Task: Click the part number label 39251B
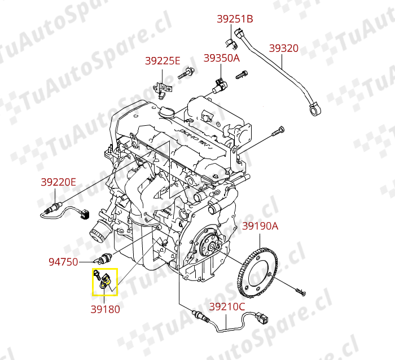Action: click(235, 19)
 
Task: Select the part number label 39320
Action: click(284, 48)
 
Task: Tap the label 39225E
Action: click(163, 61)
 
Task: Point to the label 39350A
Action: click(221, 58)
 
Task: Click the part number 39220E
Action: click(58, 182)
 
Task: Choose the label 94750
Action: click(63, 262)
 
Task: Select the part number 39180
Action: click(105, 309)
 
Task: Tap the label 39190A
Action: click(260, 226)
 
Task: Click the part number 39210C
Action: click(227, 306)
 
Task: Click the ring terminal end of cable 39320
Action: click(315, 109)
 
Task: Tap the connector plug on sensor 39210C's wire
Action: click(262, 318)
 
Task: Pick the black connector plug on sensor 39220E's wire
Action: click(85, 214)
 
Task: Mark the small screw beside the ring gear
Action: click(301, 292)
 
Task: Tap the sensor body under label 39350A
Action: click(219, 86)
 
